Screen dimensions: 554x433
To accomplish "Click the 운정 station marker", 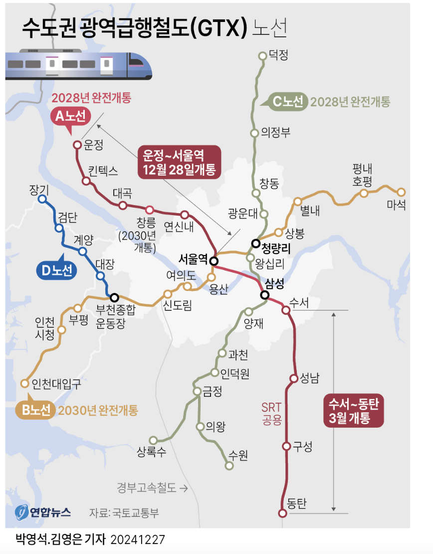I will (x=77, y=145).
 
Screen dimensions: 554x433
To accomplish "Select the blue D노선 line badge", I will (x=56, y=271).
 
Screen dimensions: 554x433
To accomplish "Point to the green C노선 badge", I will (x=288, y=102).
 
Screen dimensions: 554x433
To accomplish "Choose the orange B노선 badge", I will (x=36, y=410).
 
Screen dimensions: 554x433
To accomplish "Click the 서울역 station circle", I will (x=214, y=261).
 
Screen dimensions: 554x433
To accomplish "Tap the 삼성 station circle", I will (x=265, y=294).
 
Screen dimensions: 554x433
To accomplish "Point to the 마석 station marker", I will (x=401, y=192).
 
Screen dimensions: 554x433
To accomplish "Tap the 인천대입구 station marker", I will (x=24, y=383).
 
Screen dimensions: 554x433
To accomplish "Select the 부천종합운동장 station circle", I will (x=114, y=297).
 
